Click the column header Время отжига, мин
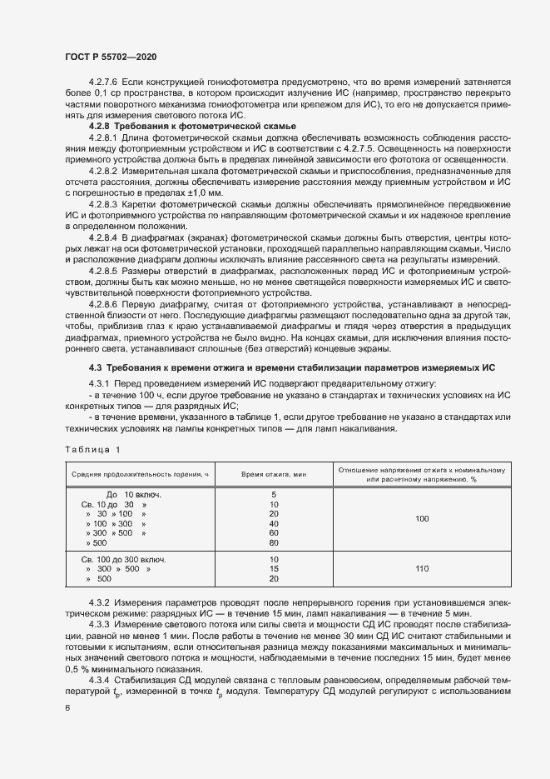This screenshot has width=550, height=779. click(x=274, y=473)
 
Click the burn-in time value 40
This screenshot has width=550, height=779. click(x=274, y=523)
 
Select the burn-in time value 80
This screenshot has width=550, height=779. click(x=274, y=542)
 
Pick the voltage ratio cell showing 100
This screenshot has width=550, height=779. click(x=421, y=518)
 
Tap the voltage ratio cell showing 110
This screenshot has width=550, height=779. click(x=421, y=569)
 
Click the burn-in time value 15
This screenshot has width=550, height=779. click(x=274, y=569)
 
